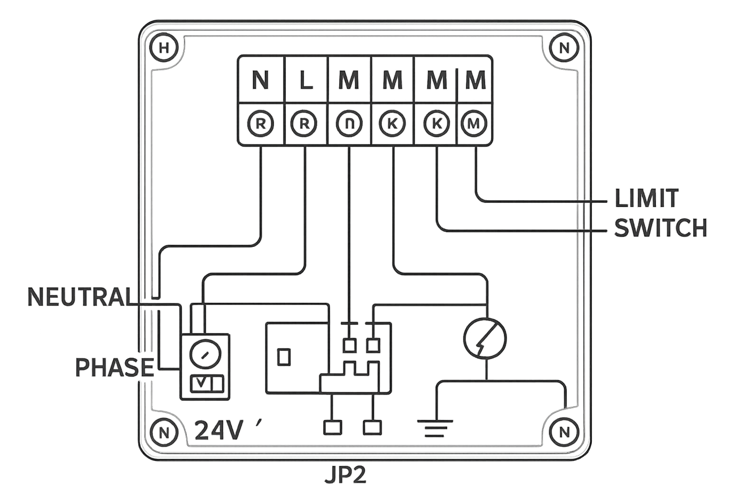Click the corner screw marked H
click(164, 48)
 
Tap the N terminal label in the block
click(261, 80)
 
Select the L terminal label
click(306, 80)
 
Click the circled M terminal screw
click(474, 124)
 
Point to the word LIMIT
click(646, 198)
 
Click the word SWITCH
click(660, 228)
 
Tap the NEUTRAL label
click(80, 297)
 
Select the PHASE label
click(114, 367)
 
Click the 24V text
click(219, 430)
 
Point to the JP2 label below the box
click(346, 476)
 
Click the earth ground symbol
click(435, 429)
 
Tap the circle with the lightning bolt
click(485, 338)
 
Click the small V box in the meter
click(201, 383)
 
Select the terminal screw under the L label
click(304, 124)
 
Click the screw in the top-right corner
click(564, 48)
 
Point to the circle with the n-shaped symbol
click(349, 124)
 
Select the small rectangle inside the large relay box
click(284, 357)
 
